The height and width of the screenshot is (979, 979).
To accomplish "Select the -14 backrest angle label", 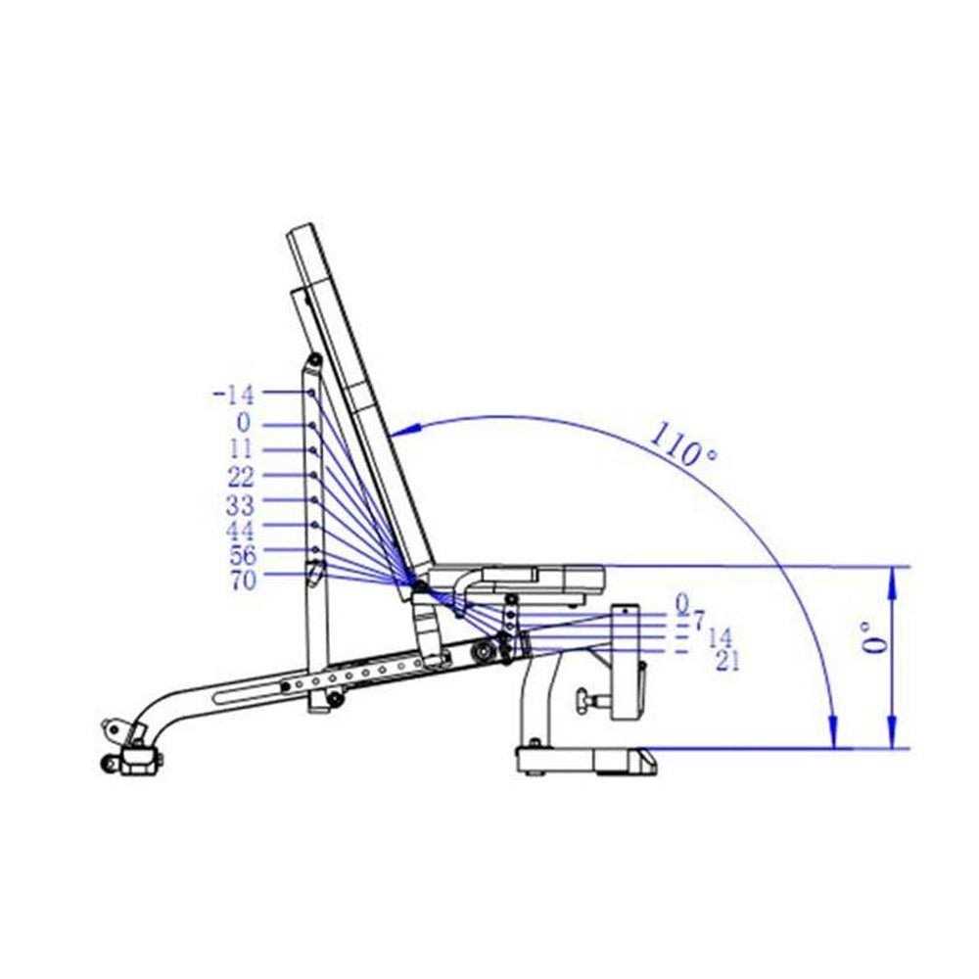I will (233, 396).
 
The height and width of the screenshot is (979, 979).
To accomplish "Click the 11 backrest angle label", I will (242, 450).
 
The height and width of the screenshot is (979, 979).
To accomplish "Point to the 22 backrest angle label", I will (241, 478).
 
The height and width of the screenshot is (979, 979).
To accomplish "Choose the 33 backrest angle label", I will (241, 505).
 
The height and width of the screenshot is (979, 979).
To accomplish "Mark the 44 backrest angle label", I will (241, 532).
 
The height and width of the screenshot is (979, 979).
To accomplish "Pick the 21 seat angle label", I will (727, 661).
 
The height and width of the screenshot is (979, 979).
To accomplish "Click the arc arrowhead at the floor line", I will (832, 732).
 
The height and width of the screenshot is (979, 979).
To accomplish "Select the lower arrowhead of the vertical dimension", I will (892, 734).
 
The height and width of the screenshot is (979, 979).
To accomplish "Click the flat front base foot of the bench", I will (585, 759).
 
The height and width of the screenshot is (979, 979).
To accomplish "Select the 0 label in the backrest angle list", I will (242, 423).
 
